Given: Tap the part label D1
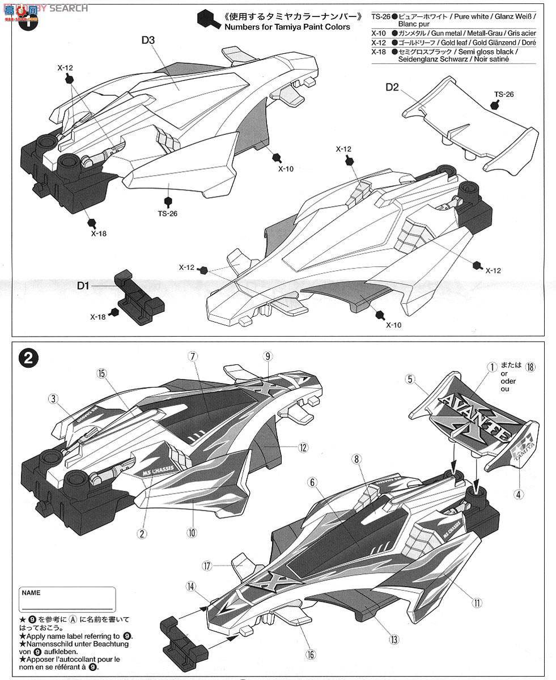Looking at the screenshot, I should pyautogui.click(x=83, y=286).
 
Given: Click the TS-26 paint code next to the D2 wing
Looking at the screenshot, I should pyautogui.click(x=503, y=94).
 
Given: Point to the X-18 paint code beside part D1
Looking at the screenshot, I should pyautogui.click(x=97, y=317).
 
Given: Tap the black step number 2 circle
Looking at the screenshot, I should pyautogui.click(x=29, y=358).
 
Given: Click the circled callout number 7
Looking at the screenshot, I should pyautogui.click(x=193, y=356).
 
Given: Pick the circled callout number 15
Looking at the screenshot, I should pyautogui.click(x=101, y=373).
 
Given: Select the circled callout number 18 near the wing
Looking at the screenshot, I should pyautogui.click(x=530, y=367).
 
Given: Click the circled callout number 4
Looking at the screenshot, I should pyautogui.click(x=519, y=493).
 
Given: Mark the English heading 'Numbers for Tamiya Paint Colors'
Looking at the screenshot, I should pyautogui.click(x=287, y=27).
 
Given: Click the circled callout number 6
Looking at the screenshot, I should pyautogui.click(x=311, y=482).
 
